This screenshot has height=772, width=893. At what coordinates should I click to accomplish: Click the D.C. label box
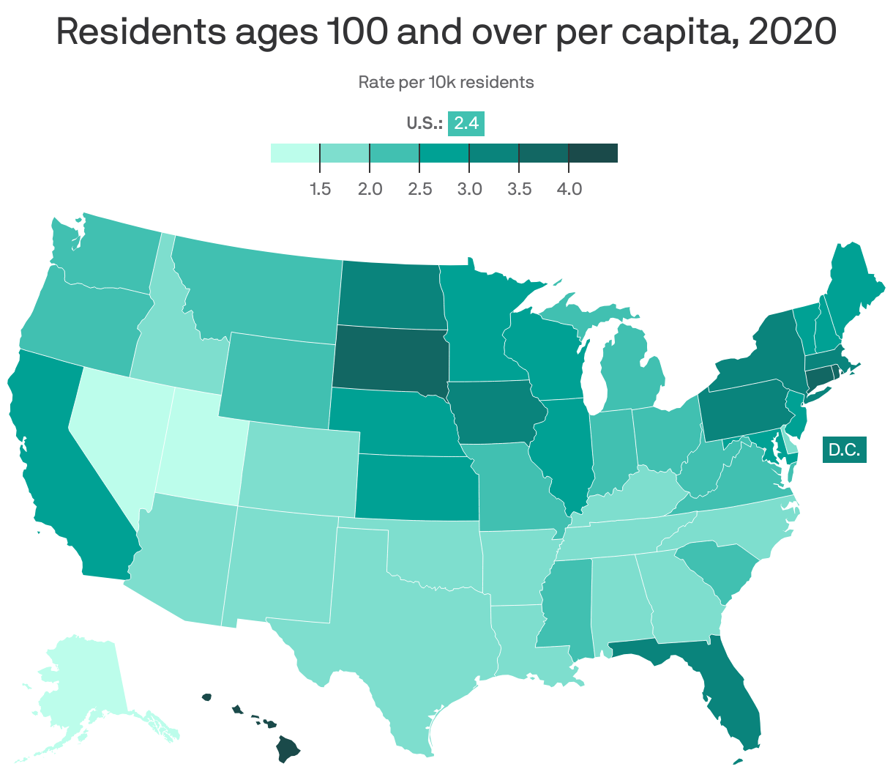coord(844,449)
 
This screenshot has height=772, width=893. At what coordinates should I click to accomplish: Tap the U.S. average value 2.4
coord(466,123)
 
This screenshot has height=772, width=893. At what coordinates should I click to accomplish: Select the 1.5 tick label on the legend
coord(320,189)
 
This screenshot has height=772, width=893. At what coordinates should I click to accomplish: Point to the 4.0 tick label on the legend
coord(569,189)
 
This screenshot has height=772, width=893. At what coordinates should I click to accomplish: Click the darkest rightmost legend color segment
coord(593,152)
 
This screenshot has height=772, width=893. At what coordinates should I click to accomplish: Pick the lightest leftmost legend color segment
coord(295,152)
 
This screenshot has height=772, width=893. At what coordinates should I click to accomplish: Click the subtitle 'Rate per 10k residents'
coord(446,82)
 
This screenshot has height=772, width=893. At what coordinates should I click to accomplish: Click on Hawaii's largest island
coord(288,749)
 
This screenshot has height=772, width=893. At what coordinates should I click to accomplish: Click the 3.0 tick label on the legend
coord(469,189)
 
